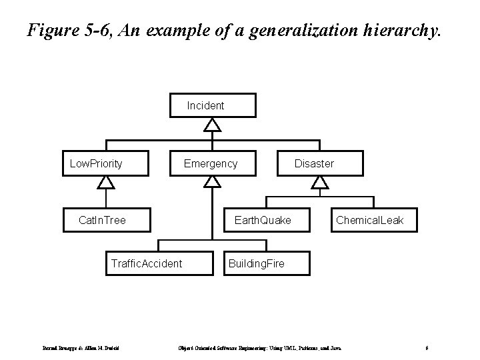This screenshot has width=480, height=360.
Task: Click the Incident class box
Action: click(212, 105)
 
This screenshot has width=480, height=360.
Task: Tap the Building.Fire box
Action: click(257, 263)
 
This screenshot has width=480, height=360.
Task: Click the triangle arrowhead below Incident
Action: click(212, 125)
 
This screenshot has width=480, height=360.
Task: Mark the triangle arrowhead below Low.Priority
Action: click(105, 182)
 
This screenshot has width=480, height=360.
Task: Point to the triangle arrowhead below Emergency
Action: click(212, 182)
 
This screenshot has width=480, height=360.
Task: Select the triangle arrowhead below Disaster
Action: click(321, 182)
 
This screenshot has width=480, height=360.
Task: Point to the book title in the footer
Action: click(260, 347)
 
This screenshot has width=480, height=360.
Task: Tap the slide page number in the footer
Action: click(427, 347)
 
